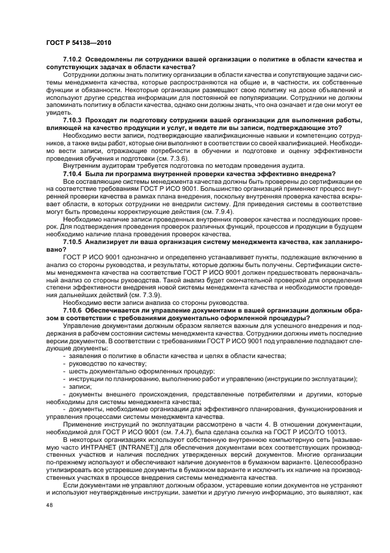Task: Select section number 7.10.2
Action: [x=73, y=61]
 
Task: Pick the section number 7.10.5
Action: [x=73, y=242]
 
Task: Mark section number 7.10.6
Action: [x=73, y=310]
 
